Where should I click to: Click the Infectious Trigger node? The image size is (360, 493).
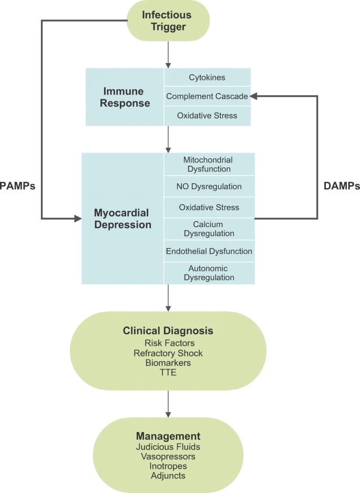tap(168, 20)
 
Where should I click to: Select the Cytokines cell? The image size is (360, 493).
tap(207, 77)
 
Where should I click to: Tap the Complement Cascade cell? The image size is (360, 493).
tap(207, 96)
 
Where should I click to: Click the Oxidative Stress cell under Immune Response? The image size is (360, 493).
tap(207, 116)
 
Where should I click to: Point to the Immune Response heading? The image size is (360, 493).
tap(125, 97)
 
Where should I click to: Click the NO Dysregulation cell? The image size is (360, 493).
tap(209, 186)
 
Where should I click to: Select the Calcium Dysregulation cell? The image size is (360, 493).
tap(209, 229)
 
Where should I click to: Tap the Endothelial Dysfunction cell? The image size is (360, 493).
tap(209, 251)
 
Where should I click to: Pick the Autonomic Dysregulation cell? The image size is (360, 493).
tap(209, 273)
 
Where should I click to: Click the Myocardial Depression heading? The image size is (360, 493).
tap(122, 219)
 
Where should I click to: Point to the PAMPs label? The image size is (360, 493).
tap(18, 186)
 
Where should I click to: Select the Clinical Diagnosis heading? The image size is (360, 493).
tap(168, 331)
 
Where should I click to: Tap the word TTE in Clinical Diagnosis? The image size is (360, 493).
tap(168, 372)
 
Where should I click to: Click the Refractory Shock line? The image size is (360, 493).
tap(168, 353)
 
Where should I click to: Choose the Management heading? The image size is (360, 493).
tap(168, 436)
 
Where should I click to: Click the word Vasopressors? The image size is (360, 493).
tap(168, 456)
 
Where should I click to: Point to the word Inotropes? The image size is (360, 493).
tap(168, 466)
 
